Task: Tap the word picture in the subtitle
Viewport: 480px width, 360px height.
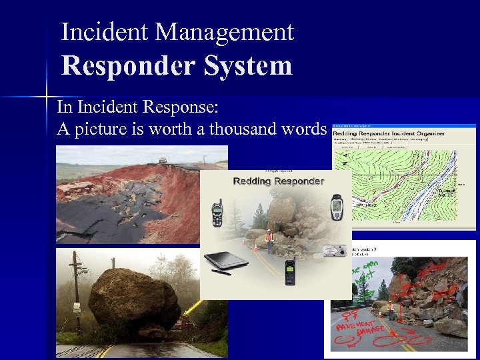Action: pyautogui.click(x=103, y=129)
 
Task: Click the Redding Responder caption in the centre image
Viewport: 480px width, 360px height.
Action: pyautogui.click(x=279, y=181)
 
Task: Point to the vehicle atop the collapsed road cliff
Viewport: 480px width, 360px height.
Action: pyautogui.click(x=163, y=160)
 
